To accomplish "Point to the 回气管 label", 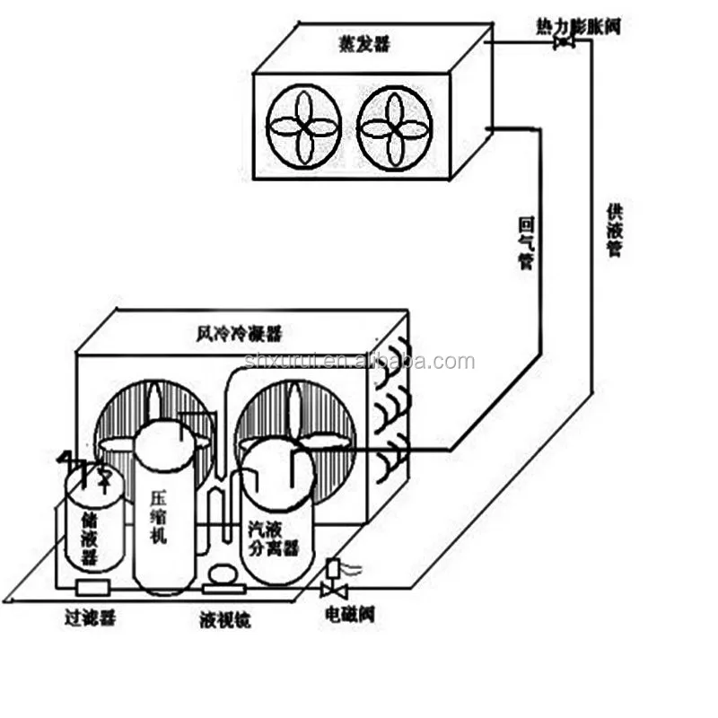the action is [526, 243].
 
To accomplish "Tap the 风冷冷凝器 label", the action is [238, 334].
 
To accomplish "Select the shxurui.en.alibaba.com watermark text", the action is [359, 362].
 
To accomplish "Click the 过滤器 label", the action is [90, 617].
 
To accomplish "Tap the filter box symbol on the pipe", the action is [92, 587].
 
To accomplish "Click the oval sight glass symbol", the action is [222, 573].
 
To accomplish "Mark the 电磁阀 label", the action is [350, 616].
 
